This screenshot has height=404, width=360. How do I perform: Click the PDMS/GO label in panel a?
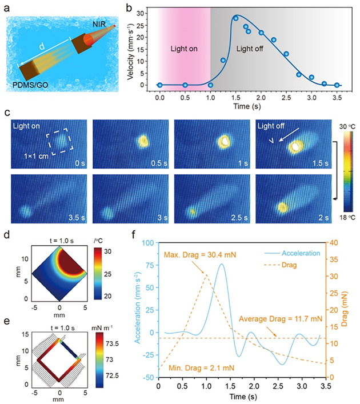[38, 86]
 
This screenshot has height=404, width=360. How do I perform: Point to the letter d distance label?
[43, 45]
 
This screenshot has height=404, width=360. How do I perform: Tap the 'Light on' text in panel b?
[184, 50]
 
